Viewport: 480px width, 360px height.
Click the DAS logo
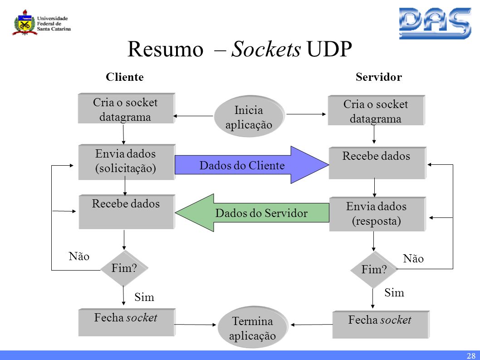[435, 24]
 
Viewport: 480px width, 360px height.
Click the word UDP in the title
[329, 49]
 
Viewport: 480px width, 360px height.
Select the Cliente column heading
[125, 77]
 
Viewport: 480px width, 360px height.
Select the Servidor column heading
[378, 77]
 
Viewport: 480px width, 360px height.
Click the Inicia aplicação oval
[249, 117]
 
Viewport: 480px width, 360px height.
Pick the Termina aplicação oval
[252, 329]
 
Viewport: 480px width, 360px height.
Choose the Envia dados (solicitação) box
[126, 162]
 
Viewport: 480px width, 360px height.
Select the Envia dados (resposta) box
[377, 214]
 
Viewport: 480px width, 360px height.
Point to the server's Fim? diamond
[374, 270]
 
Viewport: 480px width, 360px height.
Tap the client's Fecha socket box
[126, 322]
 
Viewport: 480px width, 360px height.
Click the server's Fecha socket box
[380, 324]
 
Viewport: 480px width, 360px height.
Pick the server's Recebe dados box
[376, 163]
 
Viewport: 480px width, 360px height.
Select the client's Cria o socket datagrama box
[125, 109]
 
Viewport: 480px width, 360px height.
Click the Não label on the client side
[79, 256]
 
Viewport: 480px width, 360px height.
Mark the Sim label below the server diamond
[394, 293]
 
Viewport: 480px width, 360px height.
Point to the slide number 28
[470, 355]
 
